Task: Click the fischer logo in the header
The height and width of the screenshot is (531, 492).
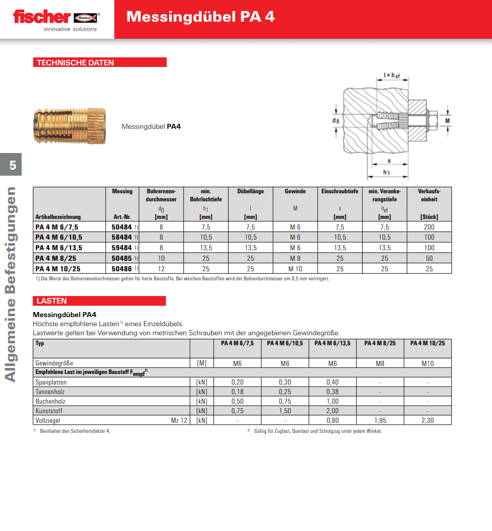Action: [x=56, y=19]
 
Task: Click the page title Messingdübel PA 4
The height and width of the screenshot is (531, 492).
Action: [x=200, y=17]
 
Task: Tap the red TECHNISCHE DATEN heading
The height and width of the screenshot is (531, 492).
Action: [x=76, y=63]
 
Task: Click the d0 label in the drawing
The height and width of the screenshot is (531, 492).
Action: [x=335, y=121]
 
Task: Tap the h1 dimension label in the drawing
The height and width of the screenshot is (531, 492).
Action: [x=386, y=172]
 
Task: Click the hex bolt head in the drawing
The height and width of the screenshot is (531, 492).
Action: [x=432, y=121]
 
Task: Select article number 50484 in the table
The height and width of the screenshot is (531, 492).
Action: [x=121, y=227]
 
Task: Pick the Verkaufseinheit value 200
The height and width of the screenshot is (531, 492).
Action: [x=429, y=227]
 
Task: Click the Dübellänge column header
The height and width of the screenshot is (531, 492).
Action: [x=250, y=191]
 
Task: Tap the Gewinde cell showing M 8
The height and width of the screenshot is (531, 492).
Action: [x=295, y=258]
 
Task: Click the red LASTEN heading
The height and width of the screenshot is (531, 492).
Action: [x=52, y=301]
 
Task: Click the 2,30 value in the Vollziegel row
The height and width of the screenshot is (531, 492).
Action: [x=428, y=420]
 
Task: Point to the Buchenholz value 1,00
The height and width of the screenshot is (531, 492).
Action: [x=333, y=401]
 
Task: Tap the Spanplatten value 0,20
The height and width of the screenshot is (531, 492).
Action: [x=238, y=382]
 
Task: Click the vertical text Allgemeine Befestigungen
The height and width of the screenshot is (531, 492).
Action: [x=11, y=285]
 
